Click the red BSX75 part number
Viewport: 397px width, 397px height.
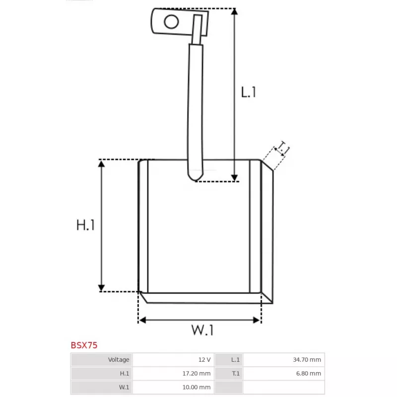click(84, 345)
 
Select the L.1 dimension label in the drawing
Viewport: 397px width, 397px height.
click(249, 92)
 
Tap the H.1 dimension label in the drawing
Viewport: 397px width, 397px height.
click(85, 225)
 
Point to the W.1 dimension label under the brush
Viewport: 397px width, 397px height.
click(202, 330)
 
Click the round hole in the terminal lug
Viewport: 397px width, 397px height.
click(171, 21)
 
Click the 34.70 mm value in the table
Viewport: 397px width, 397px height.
click(307, 359)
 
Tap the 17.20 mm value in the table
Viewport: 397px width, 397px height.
click(197, 374)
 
